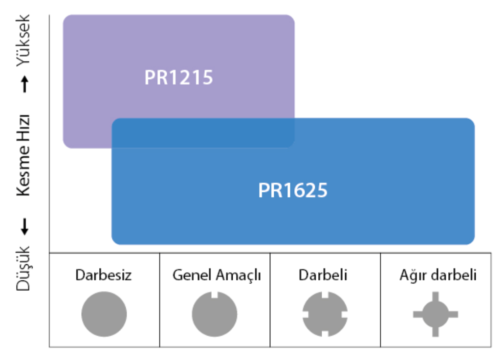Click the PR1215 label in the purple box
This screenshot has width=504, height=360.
click(x=179, y=77)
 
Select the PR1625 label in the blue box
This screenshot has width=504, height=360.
click(x=293, y=190)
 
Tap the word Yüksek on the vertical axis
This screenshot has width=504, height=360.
click(x=23, y=41)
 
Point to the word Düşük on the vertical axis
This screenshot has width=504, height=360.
click(x=23, y=269)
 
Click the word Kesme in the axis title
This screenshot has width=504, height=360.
click(x=23, y=170)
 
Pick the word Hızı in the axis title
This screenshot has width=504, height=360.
click(x=23, y=128)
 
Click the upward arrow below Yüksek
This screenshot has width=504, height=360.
click(x=24, y=84)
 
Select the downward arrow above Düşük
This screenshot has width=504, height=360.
click(x=24, y=227)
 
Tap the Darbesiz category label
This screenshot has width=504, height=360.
click(x=104, y=275)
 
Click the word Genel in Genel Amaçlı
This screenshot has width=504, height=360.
click(x=192, y=275)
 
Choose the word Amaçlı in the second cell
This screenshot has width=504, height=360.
click(x=239, y=275)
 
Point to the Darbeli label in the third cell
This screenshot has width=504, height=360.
click(x=323, y=275)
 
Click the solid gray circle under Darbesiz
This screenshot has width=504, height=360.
click(x=104, y=314)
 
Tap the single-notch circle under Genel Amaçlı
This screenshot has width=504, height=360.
click(x=215, y=314)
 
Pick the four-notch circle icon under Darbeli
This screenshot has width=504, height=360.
click(x=325, y=314)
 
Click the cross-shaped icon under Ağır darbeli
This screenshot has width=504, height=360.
click(x=436, y=314)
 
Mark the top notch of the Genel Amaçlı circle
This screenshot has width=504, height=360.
click(x=215, y=295)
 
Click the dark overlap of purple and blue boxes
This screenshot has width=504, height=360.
click(x=203, y=133)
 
